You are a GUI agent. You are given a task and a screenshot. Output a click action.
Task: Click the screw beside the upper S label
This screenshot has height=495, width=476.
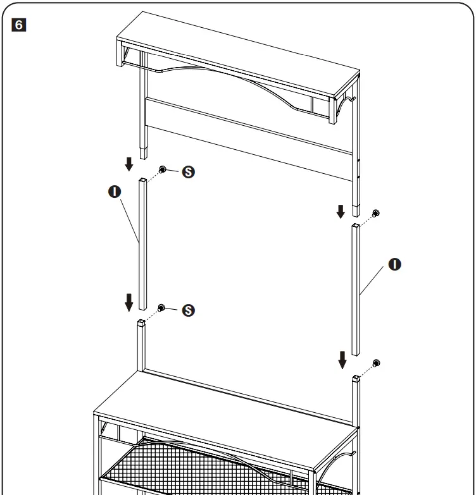[x=163, y=169]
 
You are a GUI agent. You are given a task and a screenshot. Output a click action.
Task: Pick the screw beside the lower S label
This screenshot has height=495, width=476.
[x=162, y=307]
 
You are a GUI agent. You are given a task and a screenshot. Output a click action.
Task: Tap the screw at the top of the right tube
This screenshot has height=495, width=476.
[x=376, y=213]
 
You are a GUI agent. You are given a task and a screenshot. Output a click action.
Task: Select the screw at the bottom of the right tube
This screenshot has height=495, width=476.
[x=376, y=363]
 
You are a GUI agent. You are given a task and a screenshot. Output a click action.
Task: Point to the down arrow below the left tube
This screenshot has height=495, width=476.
[x=129, y=303]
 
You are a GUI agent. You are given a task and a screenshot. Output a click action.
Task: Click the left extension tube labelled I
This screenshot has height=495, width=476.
[x=143, y=243]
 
